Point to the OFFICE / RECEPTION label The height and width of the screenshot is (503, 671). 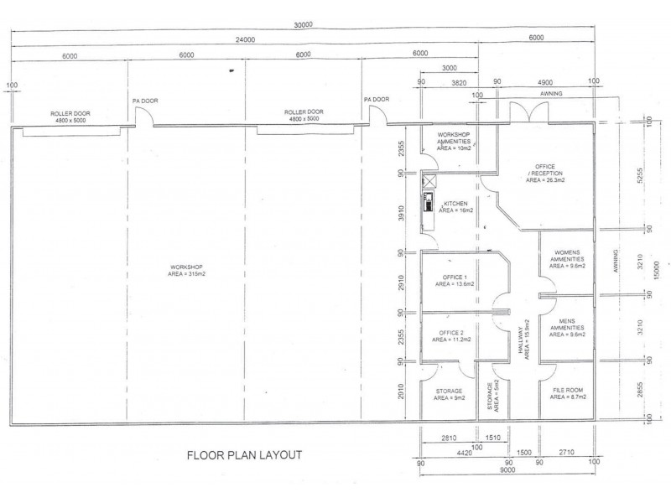click(545, 173)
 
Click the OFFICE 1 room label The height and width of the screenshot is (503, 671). click(454, 280)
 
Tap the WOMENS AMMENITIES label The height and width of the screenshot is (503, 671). click(566, 265)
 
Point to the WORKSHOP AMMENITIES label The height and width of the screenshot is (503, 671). click(455, 141)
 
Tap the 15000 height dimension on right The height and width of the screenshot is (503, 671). click(658, 270)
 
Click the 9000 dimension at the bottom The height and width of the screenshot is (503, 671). click(507, 471)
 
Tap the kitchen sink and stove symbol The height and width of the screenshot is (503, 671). click(429, 201)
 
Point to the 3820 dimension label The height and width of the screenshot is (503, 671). click(458, 83)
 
